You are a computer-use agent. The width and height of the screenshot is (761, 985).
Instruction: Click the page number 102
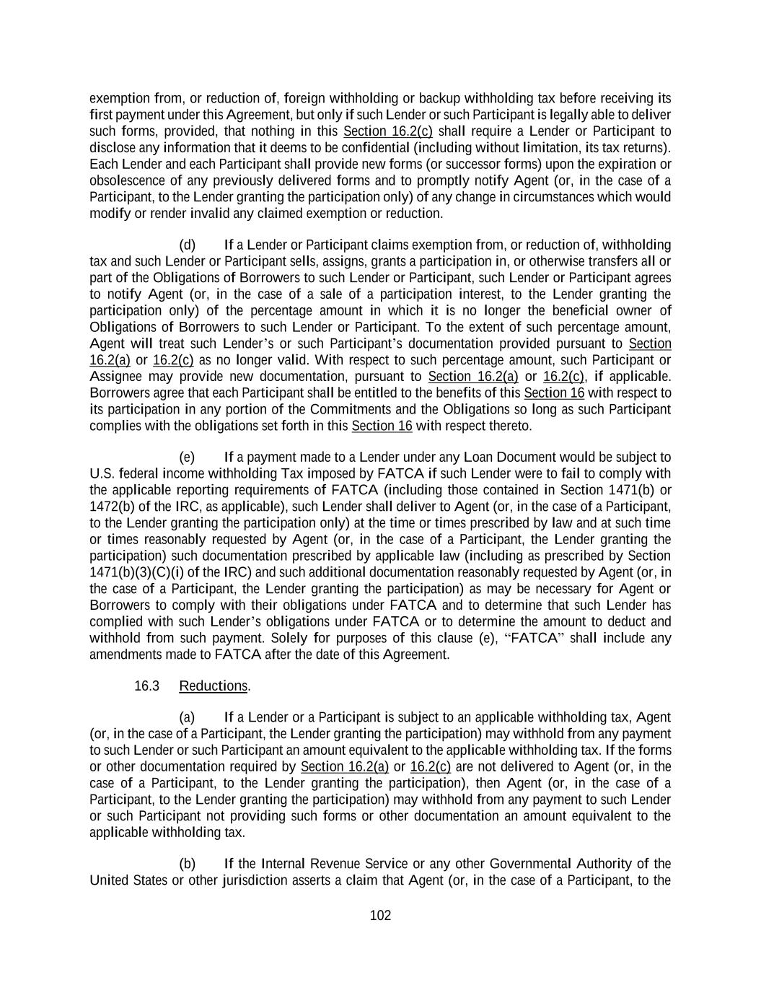tap(380, 916)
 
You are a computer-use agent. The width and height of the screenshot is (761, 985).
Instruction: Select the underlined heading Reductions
tap(213, 686)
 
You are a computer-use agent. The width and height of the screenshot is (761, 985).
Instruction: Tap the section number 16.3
tap(146, 686)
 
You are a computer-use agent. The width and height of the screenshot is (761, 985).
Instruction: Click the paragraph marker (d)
tap(187, 245)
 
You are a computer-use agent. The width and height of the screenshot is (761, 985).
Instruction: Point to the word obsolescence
tap(126, 180)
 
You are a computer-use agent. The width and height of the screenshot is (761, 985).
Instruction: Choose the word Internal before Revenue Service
tap(285, 864)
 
